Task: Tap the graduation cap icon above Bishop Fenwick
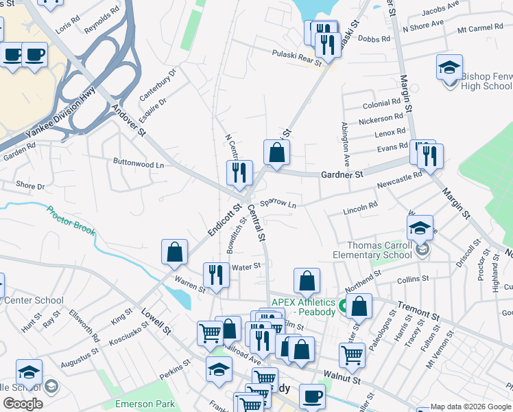tap(449, 68)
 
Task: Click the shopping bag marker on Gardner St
tap(276, 153)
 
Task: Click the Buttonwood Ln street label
tap(139, 164)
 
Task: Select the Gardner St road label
tap(342, 175)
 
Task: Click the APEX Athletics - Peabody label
tap(303, 306)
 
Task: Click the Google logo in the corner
tap(23, 403)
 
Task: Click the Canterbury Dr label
tap(158, 82)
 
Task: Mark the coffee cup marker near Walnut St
tap(312, 396)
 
